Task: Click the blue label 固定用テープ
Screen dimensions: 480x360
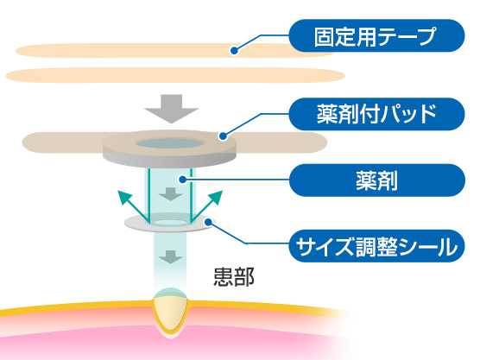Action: point(377,35)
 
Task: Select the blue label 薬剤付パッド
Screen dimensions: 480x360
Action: point(377,114)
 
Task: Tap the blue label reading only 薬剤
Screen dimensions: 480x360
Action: point(377,180)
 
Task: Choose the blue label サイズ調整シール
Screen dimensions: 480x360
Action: point(377,246)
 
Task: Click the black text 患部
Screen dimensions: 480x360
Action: point(234,278)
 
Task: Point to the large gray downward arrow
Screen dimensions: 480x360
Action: point(172,109)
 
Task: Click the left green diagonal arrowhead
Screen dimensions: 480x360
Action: point(124,196)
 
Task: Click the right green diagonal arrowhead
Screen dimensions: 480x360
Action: point(216,196)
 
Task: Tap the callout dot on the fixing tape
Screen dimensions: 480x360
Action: point(234,51)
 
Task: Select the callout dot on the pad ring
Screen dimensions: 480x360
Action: point(223,136)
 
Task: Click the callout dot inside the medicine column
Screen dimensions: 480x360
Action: point(183,180)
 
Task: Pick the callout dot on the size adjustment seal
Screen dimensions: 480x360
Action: point(208,222)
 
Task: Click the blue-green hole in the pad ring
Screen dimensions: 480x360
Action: point(170,143)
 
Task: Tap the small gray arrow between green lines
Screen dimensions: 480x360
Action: point(171,194)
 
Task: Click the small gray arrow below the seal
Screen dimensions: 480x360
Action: point(171,257)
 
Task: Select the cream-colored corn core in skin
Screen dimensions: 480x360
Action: point(171,313)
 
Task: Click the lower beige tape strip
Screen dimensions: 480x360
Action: point(175,75)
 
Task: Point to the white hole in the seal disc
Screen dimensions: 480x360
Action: point(170,222)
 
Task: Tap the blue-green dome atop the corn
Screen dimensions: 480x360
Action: point(171,293)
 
